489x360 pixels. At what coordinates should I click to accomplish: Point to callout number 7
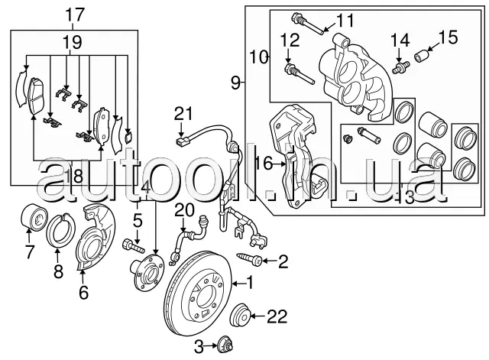pyautogui.click(x=29, y=251)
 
